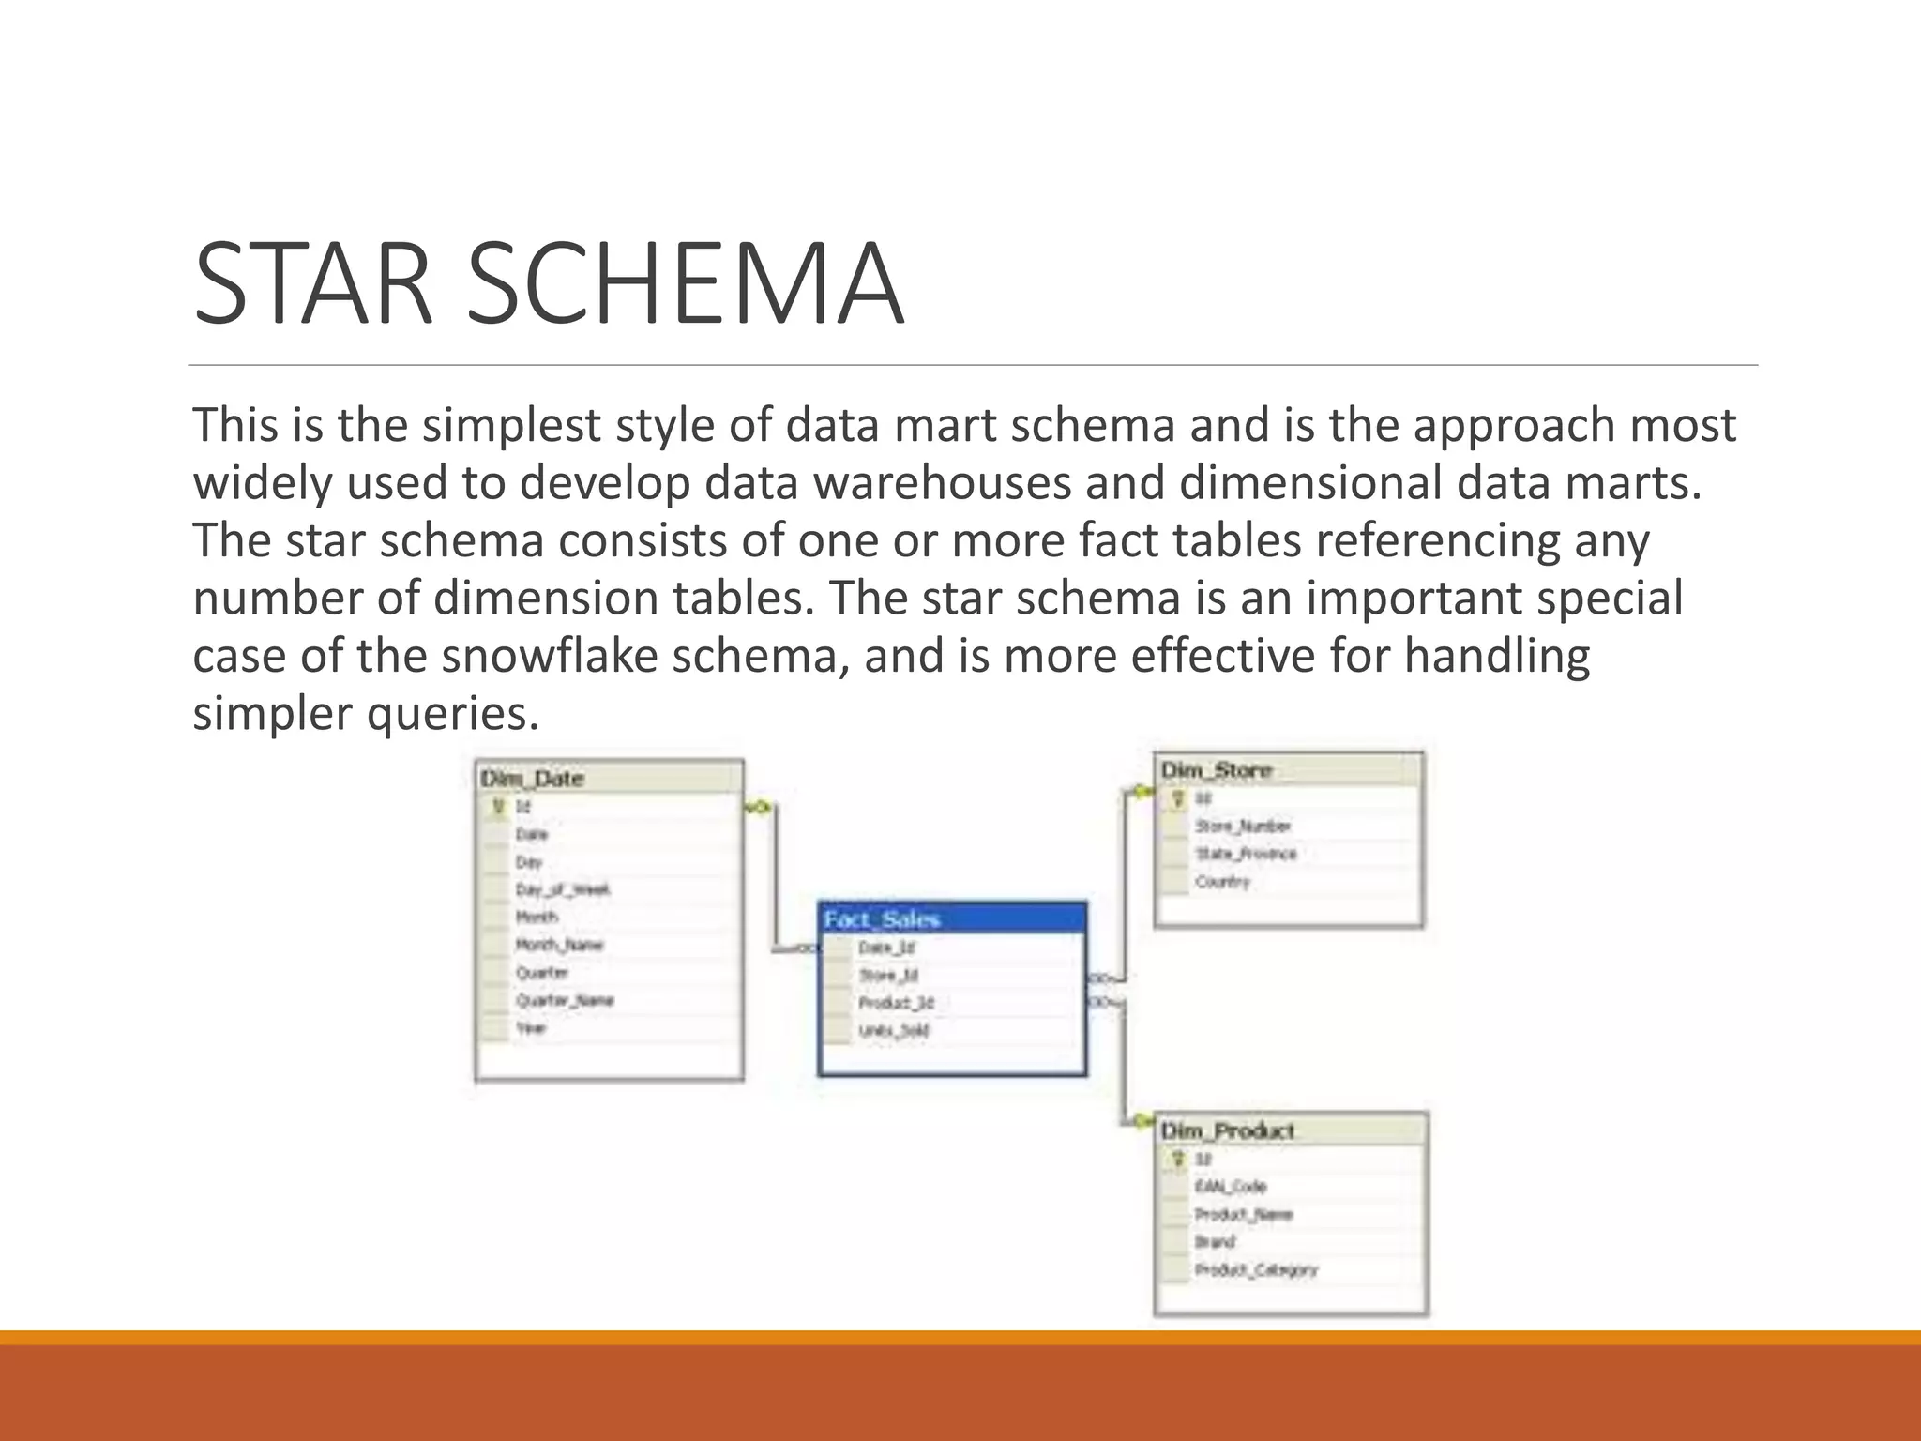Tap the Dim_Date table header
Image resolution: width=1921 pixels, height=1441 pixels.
pyautogui.click(x=532, y=779)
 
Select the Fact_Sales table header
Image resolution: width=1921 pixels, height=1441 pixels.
pyautogui.click(x=882, y=919)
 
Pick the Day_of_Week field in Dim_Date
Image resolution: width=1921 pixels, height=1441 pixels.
pyautogui.click(x=563, y=889)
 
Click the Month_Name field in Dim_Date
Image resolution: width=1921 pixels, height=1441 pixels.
pyautogui.click(x=559, y=945)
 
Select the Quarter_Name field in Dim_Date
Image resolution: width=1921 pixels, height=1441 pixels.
pyautogui.click(x=565, y=1000)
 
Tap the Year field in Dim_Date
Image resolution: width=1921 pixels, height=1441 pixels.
pyautogui.click(x=530, y=1028)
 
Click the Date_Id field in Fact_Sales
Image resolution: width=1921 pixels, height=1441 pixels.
pyautogui.click(x=886, y=948)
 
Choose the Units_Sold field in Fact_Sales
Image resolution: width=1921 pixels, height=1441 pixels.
pyautogui.click(x=894, y=1031)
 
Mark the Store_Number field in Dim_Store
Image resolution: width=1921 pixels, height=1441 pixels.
pyautogui.click(x=1243, y=827)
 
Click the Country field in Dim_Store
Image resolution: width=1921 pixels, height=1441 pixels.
pyautogui.click(x=1222, y=882)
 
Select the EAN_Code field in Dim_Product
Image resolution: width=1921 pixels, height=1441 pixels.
pyautogui.click(x=1231, y=1187)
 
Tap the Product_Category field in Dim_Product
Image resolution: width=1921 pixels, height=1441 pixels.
pyautogui.click(x=1256, y=1270)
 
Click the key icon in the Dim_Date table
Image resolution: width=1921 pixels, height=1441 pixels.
pyautogui.click(x=498, y=807)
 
